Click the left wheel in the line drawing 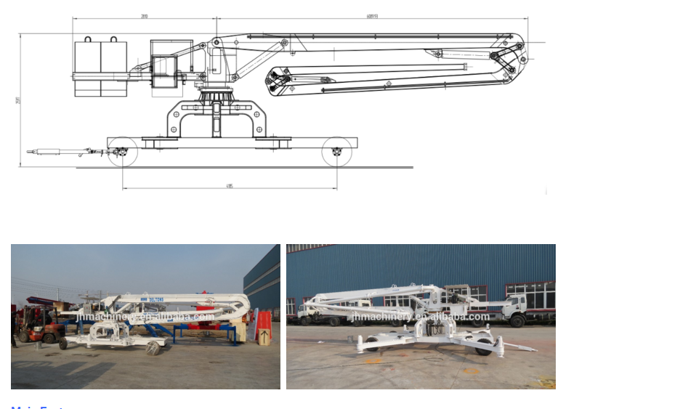[122, 152]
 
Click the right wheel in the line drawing [336, 152]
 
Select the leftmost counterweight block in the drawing [87, 68]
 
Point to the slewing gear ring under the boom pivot [216, 97]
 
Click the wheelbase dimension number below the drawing [230, 186]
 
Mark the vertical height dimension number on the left [18, 100]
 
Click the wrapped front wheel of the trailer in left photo [153, 348]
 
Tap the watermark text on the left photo [145, 317]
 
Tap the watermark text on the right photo [420, 317]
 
